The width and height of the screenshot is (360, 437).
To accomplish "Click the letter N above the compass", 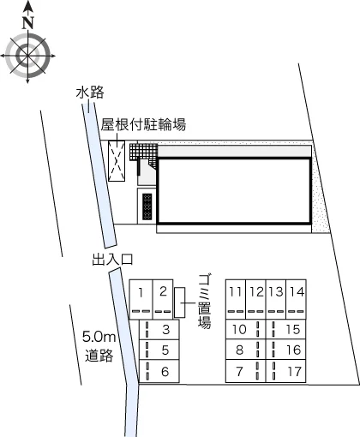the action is (28, 23).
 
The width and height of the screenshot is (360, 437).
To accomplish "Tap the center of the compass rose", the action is (27, 56).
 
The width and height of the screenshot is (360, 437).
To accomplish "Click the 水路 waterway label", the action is (90, 93).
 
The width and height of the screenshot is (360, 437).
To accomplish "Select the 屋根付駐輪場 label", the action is (143, 125).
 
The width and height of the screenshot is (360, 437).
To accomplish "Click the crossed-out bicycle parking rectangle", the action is (117, 161).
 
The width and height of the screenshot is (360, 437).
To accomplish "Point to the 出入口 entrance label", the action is (113, 260).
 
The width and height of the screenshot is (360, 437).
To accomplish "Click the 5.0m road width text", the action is (99, 337).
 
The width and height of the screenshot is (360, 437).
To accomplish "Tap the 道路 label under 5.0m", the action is (99, 356).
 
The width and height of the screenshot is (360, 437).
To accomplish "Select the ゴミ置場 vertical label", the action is (205, 302).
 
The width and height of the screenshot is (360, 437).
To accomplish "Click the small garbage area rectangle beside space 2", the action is (180, 302).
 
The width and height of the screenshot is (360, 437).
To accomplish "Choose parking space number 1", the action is (141, 299).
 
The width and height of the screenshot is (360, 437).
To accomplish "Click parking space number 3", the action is (159, 329).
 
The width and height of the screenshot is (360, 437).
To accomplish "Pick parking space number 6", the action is (159, 371).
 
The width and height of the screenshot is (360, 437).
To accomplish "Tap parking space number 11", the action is (236, 299).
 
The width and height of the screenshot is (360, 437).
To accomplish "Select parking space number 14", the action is (297, 299).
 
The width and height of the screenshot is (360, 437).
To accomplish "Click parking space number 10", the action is (246, 329).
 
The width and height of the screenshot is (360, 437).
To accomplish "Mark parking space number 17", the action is (286, 371).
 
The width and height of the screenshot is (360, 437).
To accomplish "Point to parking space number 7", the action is (246, 371).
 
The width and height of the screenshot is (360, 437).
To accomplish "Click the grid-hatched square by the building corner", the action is (143, 151).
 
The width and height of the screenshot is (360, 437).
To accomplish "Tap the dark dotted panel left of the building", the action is (147, 207).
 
